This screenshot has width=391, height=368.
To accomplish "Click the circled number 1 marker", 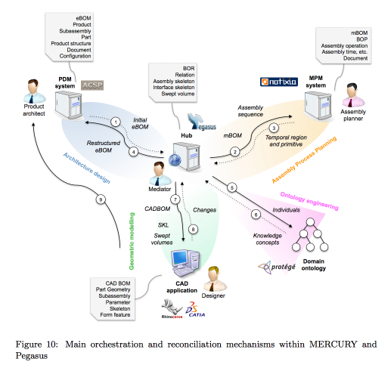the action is (x=116, y=122).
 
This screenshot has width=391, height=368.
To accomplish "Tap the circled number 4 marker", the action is (x=134, y=152).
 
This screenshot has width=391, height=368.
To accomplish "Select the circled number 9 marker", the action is (x=101, y=199).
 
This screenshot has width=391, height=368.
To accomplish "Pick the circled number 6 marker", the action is (x=256, y=215).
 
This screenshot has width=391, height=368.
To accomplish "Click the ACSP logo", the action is (x=92, y=85).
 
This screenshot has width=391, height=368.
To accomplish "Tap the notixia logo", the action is (x=279, y=82).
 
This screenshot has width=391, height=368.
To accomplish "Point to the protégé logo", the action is (x=277, y=267).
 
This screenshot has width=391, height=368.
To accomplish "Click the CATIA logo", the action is (x=195, y=310).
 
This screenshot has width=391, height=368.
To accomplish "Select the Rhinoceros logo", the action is (x=172, y=309).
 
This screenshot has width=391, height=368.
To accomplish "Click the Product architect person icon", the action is (x=34, y=91).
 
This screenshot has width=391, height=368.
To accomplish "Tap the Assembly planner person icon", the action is (x=353, y=95).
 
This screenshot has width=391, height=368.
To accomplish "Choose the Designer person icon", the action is (x=214, y=279).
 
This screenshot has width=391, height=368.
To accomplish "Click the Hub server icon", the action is (x=185, y=156).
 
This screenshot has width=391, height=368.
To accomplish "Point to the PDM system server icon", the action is (x=69, y=105).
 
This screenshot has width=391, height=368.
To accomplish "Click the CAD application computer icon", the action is (x=185, y=263).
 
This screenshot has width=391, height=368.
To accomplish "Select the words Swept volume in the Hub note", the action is (x=178, y=94).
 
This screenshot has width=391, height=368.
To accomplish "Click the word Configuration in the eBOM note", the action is (x=75, y=56).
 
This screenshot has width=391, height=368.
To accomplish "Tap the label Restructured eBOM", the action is (x=104, y=147).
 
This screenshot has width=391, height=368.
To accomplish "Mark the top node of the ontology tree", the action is (x=310, y=222).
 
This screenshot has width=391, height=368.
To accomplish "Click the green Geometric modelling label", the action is (x=132, y=241).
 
